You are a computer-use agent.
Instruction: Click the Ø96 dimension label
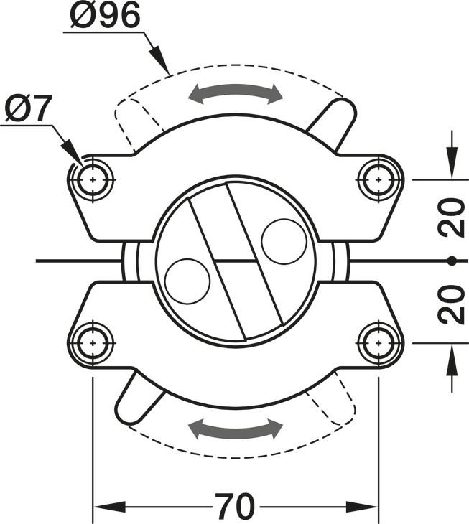(x=105, y=15)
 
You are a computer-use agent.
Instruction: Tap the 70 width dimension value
(x=235, y=506)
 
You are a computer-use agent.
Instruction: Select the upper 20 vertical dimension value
(x=452, y=218)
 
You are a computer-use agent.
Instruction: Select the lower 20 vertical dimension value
(x=452, y=305)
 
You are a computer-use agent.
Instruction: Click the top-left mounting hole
(x=93, y=179)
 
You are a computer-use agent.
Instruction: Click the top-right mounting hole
(x=378, y=179)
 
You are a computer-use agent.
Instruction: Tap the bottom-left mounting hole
(x=93, y=343)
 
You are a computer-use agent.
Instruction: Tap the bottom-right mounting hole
(x=378, y=343)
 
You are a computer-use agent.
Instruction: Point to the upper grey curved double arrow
(x=236, y=89)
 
